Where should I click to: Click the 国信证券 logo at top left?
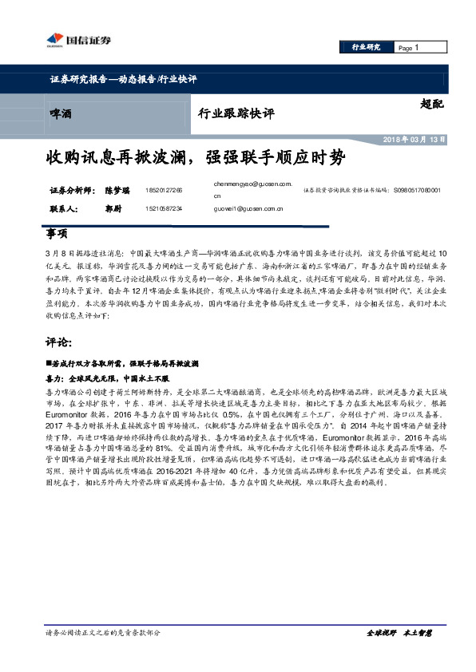69,40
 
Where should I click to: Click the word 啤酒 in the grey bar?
60,114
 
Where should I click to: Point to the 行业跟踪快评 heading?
236,114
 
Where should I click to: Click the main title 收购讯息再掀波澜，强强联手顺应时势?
196,157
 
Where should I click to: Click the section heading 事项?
58,234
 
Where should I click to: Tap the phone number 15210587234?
165,208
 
